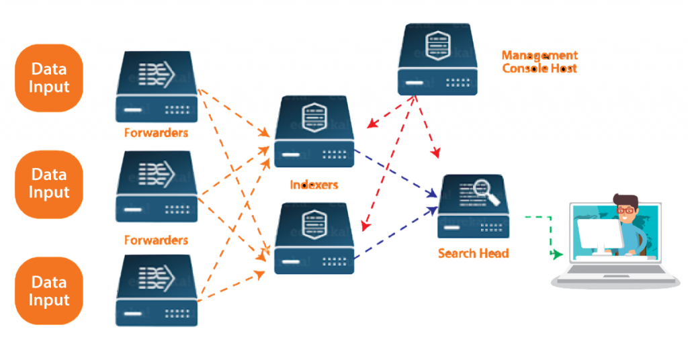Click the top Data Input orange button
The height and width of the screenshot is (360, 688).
(x=49, y=78)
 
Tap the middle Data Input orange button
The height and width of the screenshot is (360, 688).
(x=49, y=184)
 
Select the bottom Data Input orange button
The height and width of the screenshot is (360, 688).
(x=49, y=290)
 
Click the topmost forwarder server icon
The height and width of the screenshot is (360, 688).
(x=157, y=86)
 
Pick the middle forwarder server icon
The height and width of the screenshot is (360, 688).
(x=157, y=186)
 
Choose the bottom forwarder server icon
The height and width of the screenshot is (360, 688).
(x=157, y=290)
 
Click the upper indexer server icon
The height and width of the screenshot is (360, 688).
(x=314, y=132)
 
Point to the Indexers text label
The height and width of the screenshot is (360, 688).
(x=314, y=184)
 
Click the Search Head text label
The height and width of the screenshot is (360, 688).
(x=473, y=253)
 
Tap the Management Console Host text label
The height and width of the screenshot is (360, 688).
(x=540, y=62)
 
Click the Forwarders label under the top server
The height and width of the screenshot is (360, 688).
(x=156, y=133)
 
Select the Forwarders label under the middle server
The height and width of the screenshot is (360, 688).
(x=156, y=240)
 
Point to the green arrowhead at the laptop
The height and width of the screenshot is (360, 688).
(x=557, y=255)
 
